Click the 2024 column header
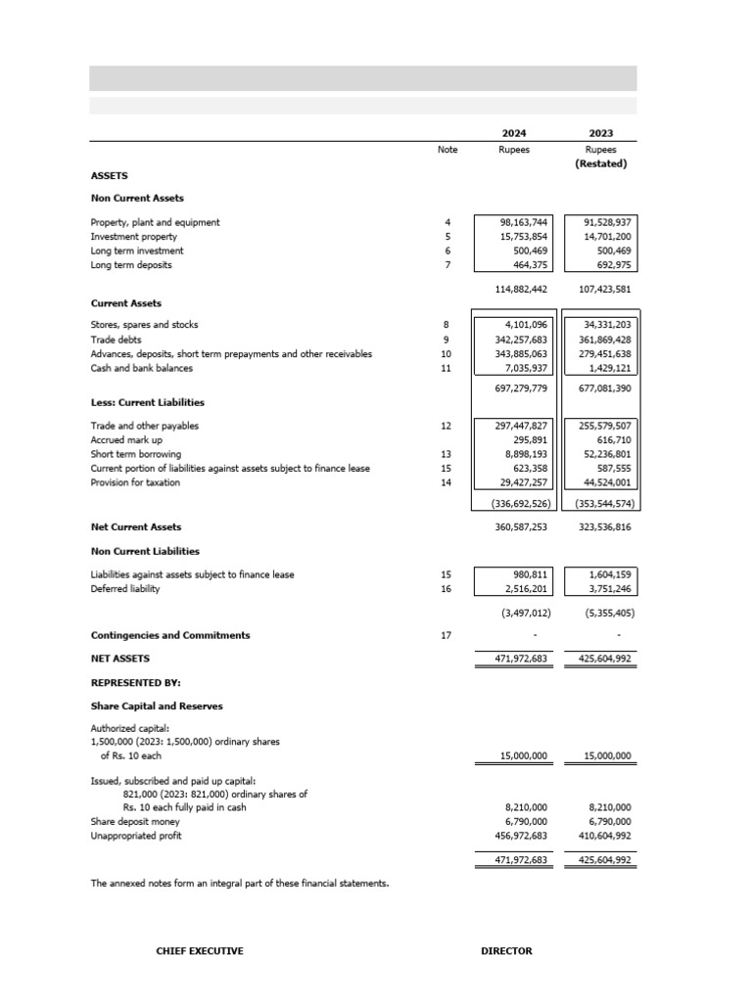[514, 133]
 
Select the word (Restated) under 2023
[600, 163]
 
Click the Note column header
[447, 150]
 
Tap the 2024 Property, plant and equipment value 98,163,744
[524, 222]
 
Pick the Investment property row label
[134, 237]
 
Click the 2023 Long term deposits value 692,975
[610, 265]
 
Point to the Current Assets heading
[126, 303]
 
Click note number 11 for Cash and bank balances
[447, 368]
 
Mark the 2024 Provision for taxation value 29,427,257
[524, 482]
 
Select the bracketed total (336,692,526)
[519, 504]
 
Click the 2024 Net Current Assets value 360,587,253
[521, 526]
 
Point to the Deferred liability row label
[125, 589]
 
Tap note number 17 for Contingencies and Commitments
[447, 635]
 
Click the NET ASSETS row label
[120, 659]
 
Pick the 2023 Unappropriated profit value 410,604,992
[601, 836]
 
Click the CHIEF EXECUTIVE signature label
[200, 951]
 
